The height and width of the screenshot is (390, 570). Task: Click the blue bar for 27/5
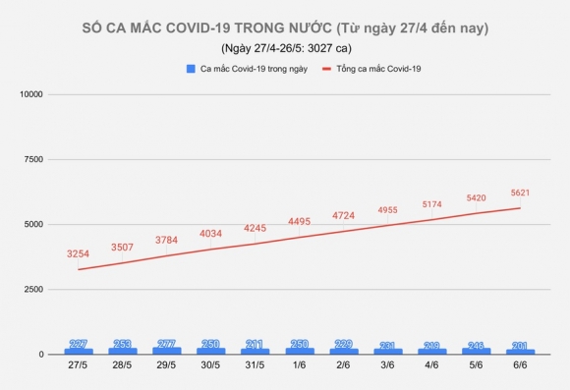tap(79, 350)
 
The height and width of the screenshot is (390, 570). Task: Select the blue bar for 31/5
tap(256, 350)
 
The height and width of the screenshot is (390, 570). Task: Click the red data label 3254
tap(79, 254)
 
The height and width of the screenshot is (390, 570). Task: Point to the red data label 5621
tap(521, 193)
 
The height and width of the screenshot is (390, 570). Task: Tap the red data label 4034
tap(211, 234)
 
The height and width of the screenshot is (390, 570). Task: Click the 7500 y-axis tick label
tap(32, 159)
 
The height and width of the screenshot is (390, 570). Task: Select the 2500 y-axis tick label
tap(32, 290)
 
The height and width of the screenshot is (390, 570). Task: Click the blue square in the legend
tap(190, 69)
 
